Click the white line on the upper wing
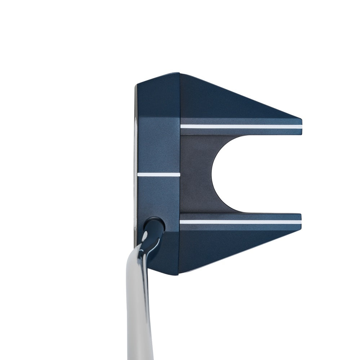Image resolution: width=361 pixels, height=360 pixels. (241, 127)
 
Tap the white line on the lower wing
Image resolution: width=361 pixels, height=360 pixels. (240, 222)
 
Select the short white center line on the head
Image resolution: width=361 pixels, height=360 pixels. (159, 175)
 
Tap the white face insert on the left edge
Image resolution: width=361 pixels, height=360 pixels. (136, 173)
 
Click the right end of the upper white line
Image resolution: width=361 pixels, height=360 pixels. (301, 127)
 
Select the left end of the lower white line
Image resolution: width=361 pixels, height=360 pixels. (181, 222)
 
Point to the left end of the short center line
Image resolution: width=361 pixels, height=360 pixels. (138, 175)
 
